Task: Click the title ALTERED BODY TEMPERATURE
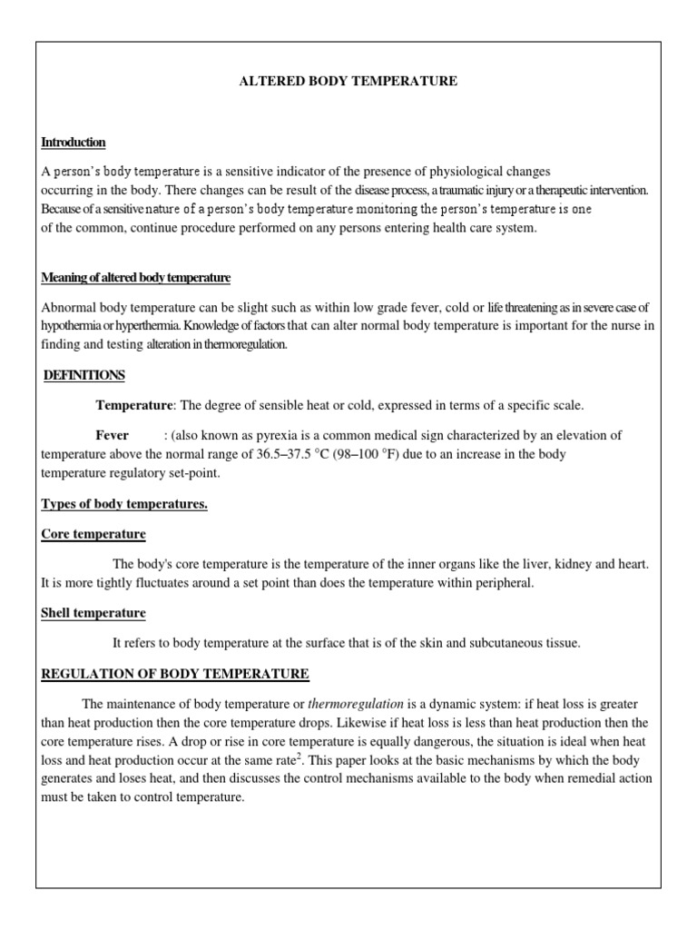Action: click(x=348, y=82)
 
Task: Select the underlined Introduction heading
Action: click(x=74, y=143)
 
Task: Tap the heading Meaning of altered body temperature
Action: click(x=136, y=277)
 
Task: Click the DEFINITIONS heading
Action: click(x=84, y=375)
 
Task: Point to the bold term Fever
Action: click(x=113, y=435)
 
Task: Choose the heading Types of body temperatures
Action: click(x=124, y=504)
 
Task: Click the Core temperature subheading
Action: click(x=93, y=534)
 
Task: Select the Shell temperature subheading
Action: click(x=93, y=613)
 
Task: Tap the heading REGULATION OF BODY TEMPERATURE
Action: click(x=175, y=674)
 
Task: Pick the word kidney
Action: click(x=569, y=564)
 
